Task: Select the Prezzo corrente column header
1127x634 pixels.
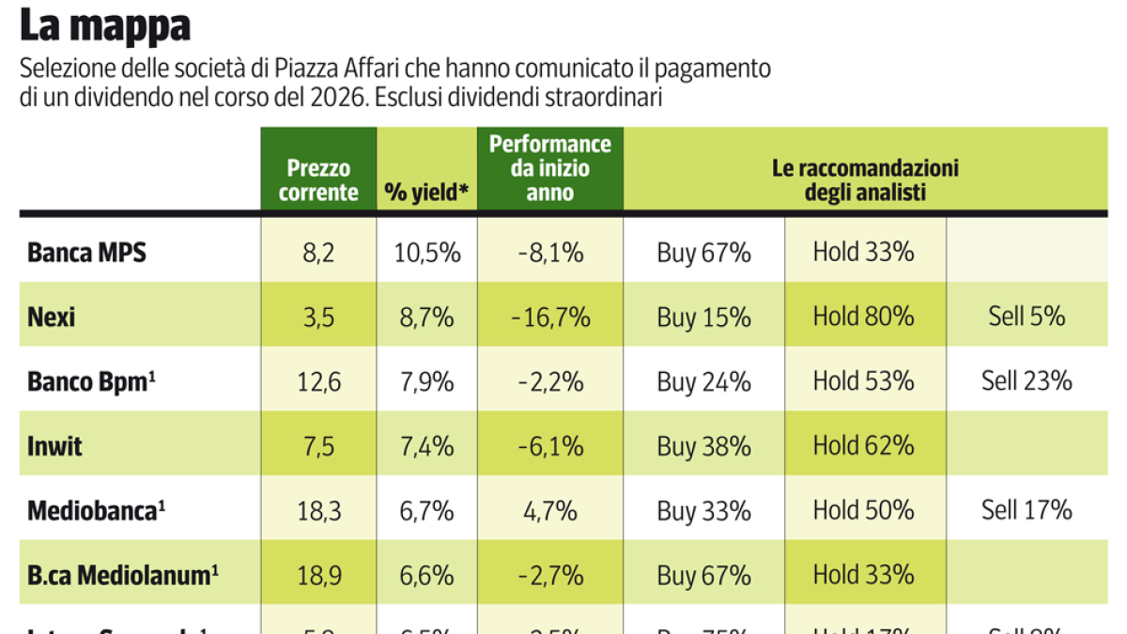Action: pyautogui.click(x=318, y=180)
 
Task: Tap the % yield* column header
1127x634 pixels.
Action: pyautogui.click(x=427, y=193)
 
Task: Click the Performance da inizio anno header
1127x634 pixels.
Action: pyautogui.click(x=549, y=168)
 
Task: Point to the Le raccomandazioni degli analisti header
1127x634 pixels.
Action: pyautogui.click(x=865, y=180)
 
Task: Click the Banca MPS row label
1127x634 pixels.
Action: pyautogui.click(x=87, y=253)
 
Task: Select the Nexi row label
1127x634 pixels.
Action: pyautogui.click(x=52, y=317)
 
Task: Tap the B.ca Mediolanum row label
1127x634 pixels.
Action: pyautogui.click(x=117, y=575)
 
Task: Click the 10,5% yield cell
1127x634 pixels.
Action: pyautogui.click(x=427, y=253)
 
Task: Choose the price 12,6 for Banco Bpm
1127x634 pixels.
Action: pyautogui.click(x=318, y=381)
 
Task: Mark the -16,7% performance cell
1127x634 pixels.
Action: pyautogui.click(x=550, y=317)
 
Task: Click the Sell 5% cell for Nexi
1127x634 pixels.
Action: pyautogui.click(x=1027, y=317)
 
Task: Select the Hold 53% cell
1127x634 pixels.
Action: pyautogui.click(x=863, y=381)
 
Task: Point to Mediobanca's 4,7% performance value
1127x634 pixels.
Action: pyautogui.click(x=550, y=510)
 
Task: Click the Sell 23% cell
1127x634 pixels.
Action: pyautogui.click(x=1027, y=381)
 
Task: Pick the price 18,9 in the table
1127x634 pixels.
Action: pyautogui.click(x=318, y=575)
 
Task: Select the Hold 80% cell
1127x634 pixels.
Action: pyautogui.click(x=863, y=317)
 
